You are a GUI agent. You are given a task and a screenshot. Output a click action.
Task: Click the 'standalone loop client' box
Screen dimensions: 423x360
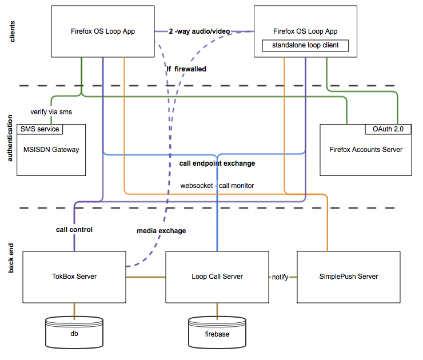click(305, 45)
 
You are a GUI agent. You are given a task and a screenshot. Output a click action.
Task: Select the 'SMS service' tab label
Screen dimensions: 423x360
click(39, 129)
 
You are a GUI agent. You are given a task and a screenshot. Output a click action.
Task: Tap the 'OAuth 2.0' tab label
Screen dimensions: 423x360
click(388, 129)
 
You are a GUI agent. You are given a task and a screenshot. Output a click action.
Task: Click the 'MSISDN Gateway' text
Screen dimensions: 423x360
click(51, 150)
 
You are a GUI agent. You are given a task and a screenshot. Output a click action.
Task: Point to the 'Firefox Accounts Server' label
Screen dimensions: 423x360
click(365, 150)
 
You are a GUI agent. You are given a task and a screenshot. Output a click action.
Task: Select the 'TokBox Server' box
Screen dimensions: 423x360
click(74, 277)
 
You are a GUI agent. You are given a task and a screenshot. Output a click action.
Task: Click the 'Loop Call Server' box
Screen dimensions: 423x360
click(217, 277)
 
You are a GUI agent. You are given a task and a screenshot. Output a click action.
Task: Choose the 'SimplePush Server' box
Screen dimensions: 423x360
click(349, 277)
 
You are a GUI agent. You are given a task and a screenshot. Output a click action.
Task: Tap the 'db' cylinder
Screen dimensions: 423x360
click(74, 333)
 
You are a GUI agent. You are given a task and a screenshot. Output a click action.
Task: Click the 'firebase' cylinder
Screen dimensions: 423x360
click(217, 333)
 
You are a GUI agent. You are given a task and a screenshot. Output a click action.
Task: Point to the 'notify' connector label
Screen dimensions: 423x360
click(280, 277)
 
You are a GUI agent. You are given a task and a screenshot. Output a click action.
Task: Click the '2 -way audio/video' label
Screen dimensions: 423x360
click(199, 31)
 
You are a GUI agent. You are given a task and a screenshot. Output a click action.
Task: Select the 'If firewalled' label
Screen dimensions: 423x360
click(186, 69)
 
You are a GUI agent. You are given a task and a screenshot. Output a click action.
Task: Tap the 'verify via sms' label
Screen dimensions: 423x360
click(51, 112)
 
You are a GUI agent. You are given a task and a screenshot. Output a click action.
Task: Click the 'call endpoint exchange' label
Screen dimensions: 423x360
click(217, 163)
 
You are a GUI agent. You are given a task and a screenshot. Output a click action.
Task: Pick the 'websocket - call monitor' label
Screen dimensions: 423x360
click(217, 186)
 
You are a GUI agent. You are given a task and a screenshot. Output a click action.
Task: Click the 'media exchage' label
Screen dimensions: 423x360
click(161, 231)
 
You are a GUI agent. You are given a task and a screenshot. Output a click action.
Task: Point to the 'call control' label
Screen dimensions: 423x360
click(74, 230)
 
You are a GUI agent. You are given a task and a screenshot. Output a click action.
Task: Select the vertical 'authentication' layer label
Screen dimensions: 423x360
click(10, 138)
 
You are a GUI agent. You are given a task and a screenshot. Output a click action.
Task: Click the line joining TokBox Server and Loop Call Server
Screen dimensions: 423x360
click(146, 277)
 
